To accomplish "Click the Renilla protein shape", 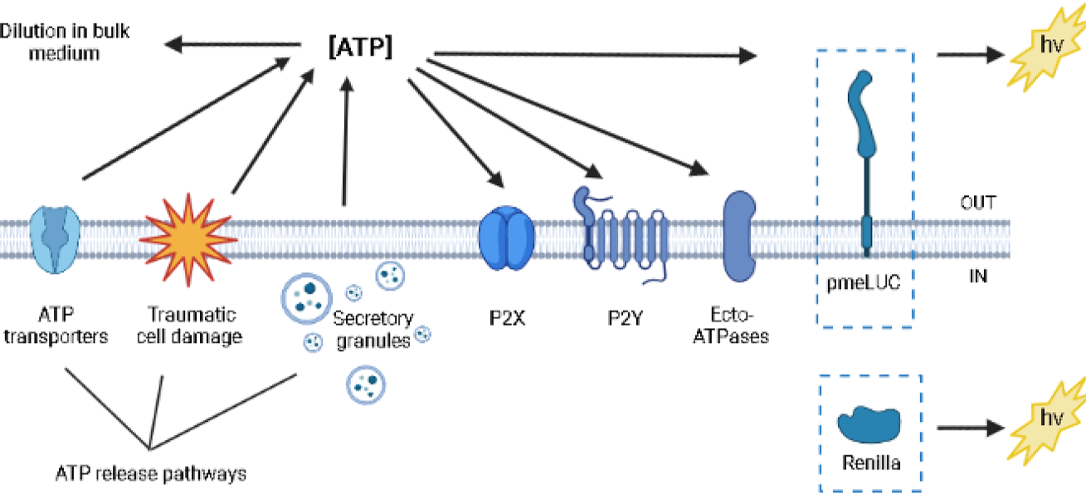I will (869, 424).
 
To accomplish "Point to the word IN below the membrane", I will (979, 276).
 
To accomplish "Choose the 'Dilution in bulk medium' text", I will (65, 42).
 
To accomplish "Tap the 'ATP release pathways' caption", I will (151, 474).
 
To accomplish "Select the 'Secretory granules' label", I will (373, 329).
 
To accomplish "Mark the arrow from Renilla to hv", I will (971, 429).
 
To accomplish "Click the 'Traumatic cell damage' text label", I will (192, 326).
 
